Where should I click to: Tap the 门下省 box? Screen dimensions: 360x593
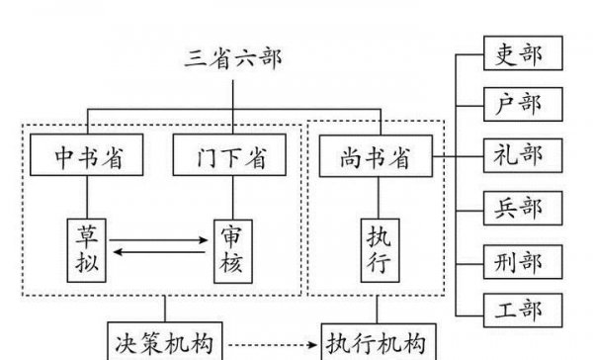tap(231, 155)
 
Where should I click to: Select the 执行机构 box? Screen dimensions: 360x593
tap(377, 341)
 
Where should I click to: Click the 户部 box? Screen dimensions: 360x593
tap(522, 104)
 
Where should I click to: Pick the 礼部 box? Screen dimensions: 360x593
tap(522, 155)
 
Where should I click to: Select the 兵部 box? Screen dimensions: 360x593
tap(522, 207)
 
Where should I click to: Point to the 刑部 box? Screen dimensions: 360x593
tap(522, 260)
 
